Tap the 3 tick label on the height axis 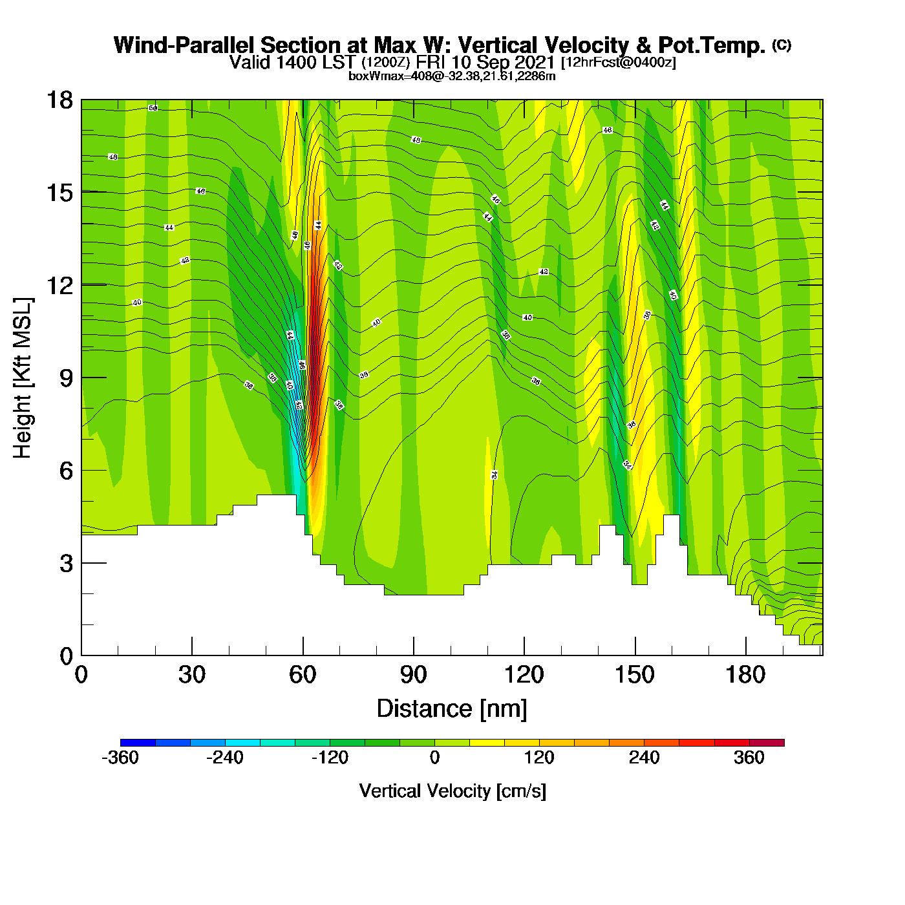coord(66,564)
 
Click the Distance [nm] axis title coord(452,709)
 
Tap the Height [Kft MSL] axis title coord(23,378)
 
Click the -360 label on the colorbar coord(120,758)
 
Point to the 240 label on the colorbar coord(644,758)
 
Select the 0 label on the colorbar coord(435,758)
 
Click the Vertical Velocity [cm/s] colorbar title coord(452,791)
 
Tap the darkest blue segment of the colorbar coord(138,743)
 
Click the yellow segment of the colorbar coord(487,743)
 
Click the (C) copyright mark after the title coord(782,45)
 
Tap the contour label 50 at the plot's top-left coord(153,108)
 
